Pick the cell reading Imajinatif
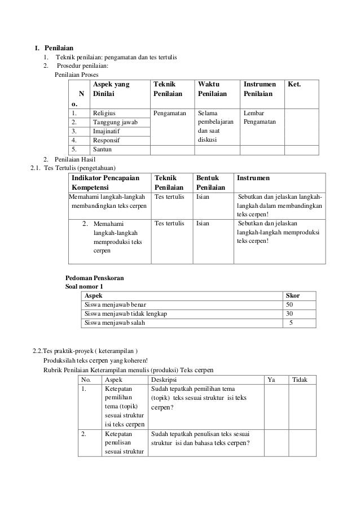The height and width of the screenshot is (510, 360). pyautogui.click(x=107, y=131)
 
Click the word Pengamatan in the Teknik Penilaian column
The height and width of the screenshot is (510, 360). pyautogui.click(x=170, y=114)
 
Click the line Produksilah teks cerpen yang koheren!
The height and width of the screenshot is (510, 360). pyautogui.click(x=95, y=361)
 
